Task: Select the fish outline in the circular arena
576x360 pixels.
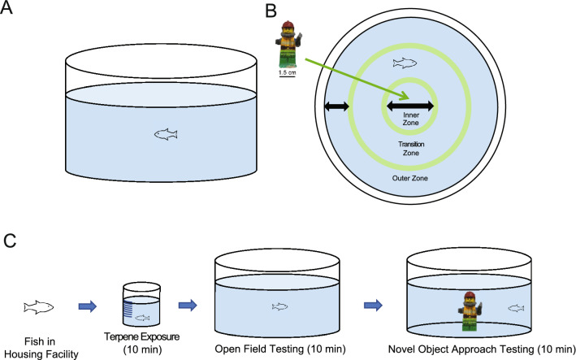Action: [x=405, y=63]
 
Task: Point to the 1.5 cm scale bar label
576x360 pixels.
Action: [x=287, y=74]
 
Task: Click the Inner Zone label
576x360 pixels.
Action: [x=410, y=120]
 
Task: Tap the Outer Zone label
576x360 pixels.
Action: [x=411, y=178]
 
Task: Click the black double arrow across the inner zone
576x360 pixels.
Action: [x=410, y=106]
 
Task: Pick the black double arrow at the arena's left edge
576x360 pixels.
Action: [x=336, y=106]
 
